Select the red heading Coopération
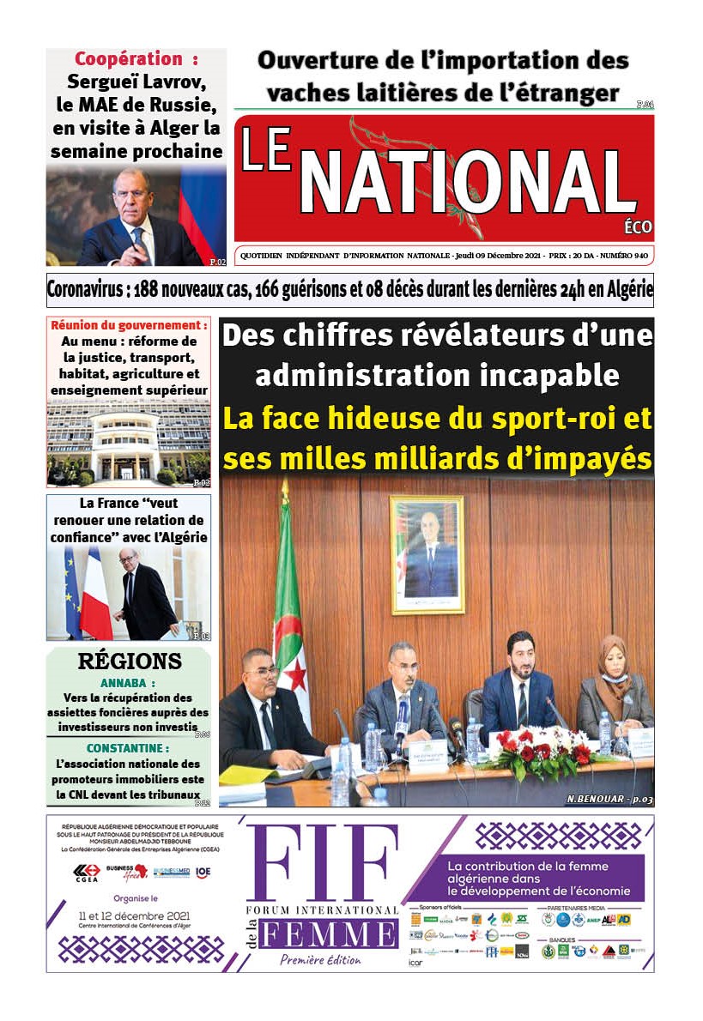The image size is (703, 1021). click(129, 59)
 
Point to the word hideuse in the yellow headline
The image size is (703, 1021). click(374, 420)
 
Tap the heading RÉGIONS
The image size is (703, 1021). click(130, 662)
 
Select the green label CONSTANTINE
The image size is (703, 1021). click(128, 748)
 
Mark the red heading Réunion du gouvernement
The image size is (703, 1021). click(130, 325)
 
